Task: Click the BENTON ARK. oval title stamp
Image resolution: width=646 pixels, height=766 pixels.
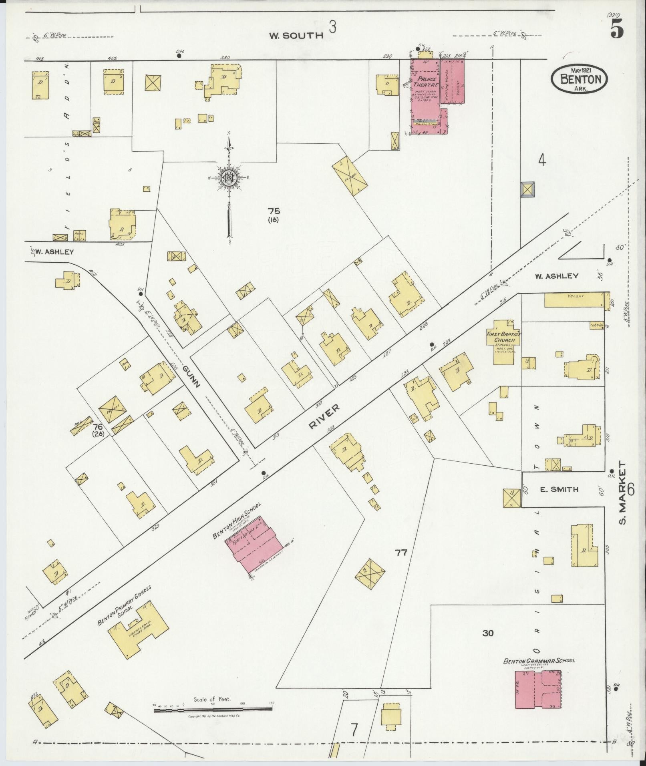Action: coord(579,79)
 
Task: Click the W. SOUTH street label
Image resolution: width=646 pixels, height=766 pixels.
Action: coord(296,36)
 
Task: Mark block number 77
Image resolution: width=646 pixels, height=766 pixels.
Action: coord(401,553)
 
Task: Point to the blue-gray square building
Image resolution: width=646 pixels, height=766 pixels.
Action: coord(527,189)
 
